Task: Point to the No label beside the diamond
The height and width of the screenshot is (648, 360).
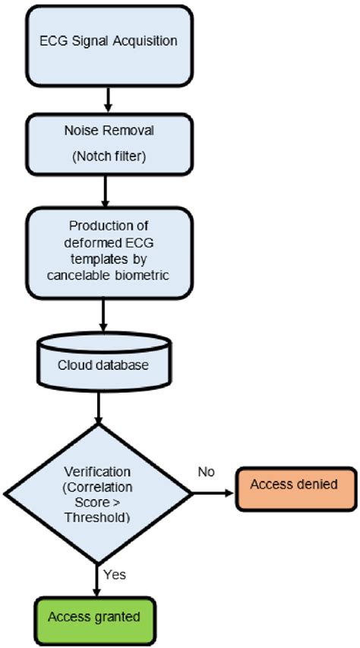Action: tap(207, 472)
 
